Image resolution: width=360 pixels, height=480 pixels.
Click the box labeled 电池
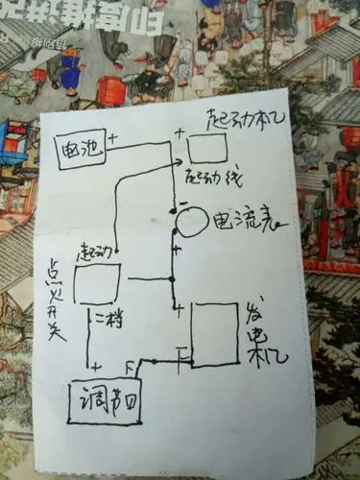click(81, 151)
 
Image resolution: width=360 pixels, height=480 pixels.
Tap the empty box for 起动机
click(207, 149)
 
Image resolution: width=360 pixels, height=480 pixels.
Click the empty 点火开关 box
click(97, 284)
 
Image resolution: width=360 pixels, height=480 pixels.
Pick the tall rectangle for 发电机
click(214, 334)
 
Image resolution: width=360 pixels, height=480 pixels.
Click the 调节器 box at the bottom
click(105, 402)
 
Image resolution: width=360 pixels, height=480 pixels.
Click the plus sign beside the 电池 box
click(112, 140)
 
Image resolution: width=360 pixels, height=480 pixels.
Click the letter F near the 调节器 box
click(132, 366)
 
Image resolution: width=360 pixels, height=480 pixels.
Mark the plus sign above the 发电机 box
click(179, 307)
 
